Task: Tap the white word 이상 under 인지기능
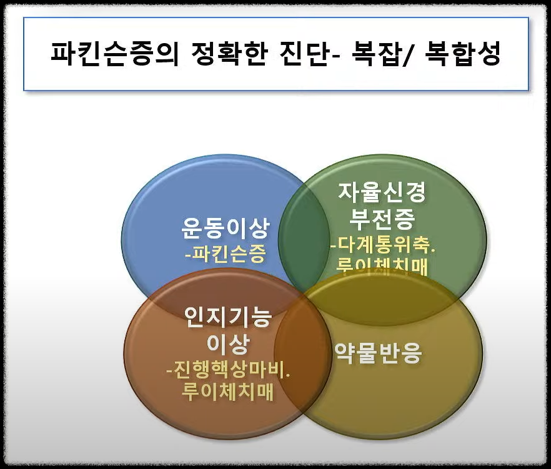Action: [x=228, y=344]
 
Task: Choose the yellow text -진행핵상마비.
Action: [x=229, y=371]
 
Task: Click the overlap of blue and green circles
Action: [x=304, y=237]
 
